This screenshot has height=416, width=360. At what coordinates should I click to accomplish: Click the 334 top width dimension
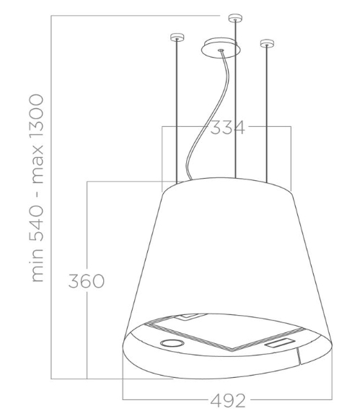pyautogui.click(x=227, y=128)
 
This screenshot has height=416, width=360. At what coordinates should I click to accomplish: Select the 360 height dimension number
pyautogui.click(x=87, y=281)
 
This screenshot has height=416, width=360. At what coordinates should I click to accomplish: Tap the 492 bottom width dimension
pyautogui.click(x=228, y=400)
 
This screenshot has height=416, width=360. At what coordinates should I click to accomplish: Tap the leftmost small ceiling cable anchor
pyautogui.click(x=177, y=37)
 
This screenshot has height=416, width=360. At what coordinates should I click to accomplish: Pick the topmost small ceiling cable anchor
pyautogui.click(x=235, y=18)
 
